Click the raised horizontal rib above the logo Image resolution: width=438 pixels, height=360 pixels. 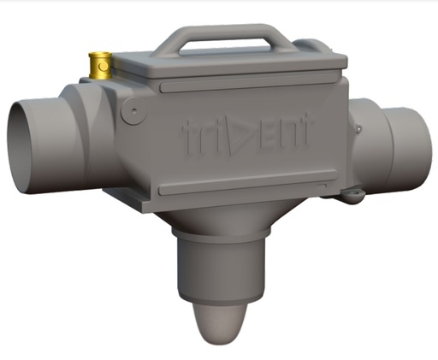248,86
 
